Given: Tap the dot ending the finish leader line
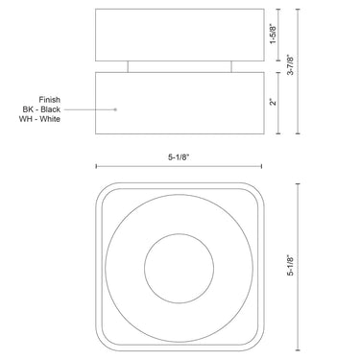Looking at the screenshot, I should pyautogui.click(x=116, y=109).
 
